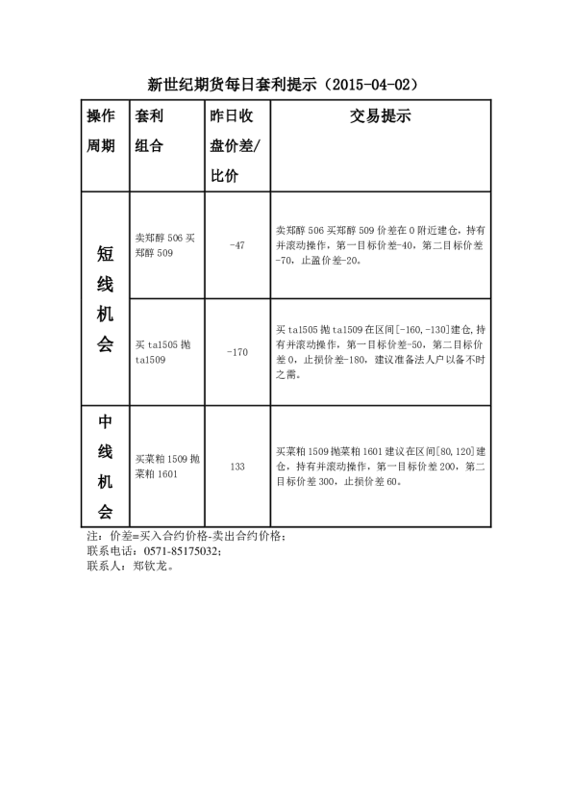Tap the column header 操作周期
pos(102,131)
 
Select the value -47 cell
pos(237,245)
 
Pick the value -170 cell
pos(237,352)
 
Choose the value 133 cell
pos(237,467)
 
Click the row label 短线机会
pos(106,298)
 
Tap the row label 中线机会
pos(106,467)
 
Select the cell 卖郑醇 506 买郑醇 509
pos(166,245)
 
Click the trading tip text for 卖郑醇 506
pos(380,245)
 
